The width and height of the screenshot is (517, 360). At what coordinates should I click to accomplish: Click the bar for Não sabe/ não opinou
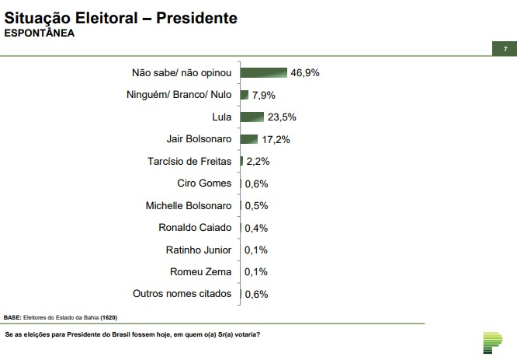tap(263, 72)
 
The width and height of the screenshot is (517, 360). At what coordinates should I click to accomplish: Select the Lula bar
tap(252, 117)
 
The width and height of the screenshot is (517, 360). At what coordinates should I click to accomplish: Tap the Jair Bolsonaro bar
tap(248, 139)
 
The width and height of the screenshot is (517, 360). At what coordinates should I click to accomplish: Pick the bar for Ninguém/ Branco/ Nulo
tap(244, 95)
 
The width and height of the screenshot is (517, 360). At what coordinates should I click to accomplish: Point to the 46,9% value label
tap(305, 72)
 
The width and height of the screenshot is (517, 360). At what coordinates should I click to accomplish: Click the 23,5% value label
tap(283, 117)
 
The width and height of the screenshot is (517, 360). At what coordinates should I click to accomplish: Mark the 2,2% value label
tap(258, 162)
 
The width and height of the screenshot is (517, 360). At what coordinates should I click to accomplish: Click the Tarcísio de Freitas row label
tap(189, 162)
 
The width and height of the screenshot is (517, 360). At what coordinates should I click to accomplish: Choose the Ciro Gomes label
tap(204, 183)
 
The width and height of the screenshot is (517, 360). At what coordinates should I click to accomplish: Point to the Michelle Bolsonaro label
tap(189, 206)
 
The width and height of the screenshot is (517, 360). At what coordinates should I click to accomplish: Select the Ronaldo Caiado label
tap(195, 228)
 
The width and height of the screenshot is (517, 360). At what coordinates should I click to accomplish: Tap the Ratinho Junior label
tap(199, 250)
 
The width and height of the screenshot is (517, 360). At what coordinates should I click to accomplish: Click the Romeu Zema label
tap(201, 271)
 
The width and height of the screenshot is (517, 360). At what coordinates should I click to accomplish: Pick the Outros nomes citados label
tap(182, 293)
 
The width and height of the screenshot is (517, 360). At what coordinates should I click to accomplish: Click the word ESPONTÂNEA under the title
tap(40, 33)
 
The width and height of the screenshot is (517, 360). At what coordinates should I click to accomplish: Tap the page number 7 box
tap(505, 49)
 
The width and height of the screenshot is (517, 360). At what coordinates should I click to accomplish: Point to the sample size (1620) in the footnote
tap(108, 317)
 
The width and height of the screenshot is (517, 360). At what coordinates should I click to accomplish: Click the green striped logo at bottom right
tap(492, 341)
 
